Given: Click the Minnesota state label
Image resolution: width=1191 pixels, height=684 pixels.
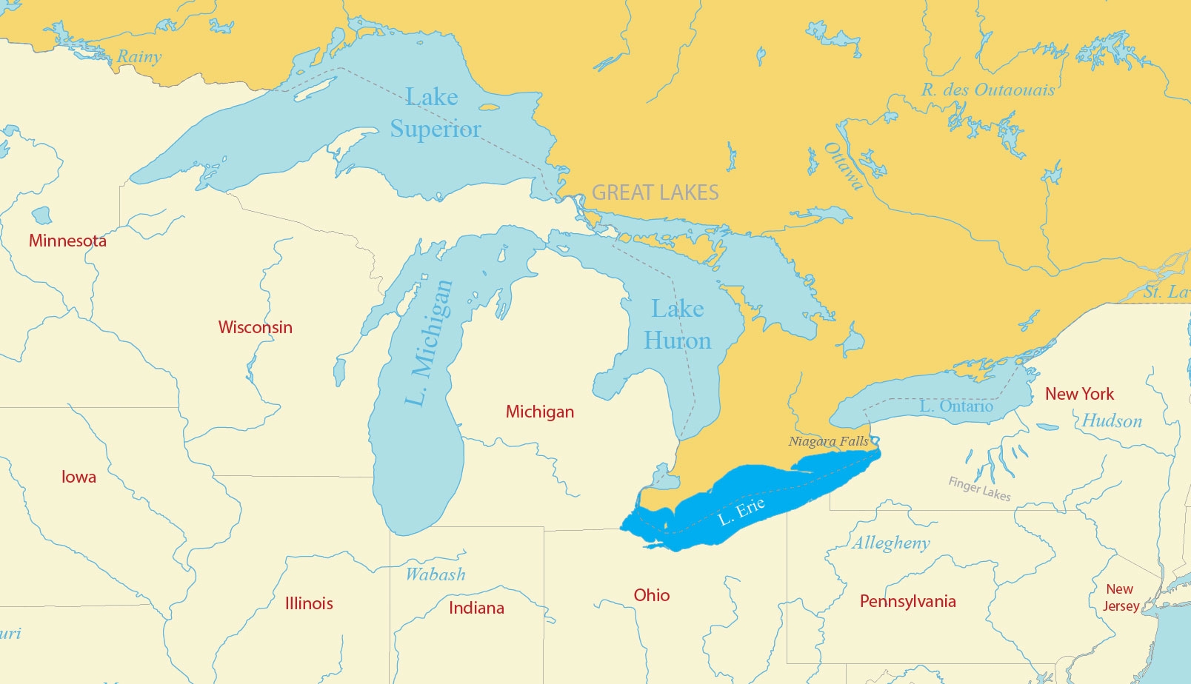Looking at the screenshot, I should tap(67, 241).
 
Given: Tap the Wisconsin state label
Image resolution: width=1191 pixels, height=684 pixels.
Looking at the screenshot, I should tap(255, 327).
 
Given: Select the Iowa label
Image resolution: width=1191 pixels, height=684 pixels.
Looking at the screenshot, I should tap(79, 477).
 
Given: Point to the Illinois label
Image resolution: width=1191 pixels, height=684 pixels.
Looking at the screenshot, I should tap(309, 603).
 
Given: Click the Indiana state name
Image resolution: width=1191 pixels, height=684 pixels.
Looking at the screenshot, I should tap(476, 608).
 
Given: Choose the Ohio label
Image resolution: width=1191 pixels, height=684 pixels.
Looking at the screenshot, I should tap(652, 595).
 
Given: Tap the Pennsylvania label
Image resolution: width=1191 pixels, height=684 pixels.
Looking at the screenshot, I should tap(907, 601).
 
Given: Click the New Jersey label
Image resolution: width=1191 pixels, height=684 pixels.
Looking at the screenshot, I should tap(1120, 597).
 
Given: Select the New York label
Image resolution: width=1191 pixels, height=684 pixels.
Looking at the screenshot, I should tap(1079, 394).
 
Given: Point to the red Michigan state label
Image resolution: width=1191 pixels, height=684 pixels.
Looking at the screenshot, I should tap(540, 412).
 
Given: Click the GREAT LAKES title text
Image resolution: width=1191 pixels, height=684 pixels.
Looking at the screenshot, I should tap(655, 193).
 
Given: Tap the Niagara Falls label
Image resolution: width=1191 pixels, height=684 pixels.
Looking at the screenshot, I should tap(828, 441).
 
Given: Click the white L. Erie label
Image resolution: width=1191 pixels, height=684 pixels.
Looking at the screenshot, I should tap(741, 512).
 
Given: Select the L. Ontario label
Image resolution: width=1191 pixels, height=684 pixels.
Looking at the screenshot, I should tap(956, 406).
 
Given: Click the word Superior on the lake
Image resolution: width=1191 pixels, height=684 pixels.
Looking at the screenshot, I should tap(436, 130).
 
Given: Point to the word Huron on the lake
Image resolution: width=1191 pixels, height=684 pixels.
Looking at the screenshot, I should tap(677, 341).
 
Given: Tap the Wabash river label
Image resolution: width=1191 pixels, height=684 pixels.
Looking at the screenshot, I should tap(436, 574).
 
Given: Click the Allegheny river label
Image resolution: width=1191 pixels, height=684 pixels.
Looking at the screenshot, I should tap(891, 543).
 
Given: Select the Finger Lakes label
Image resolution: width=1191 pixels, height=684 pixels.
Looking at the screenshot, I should tap(979, 489).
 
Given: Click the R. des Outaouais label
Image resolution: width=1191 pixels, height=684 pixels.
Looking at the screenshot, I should tap(988, 90).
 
